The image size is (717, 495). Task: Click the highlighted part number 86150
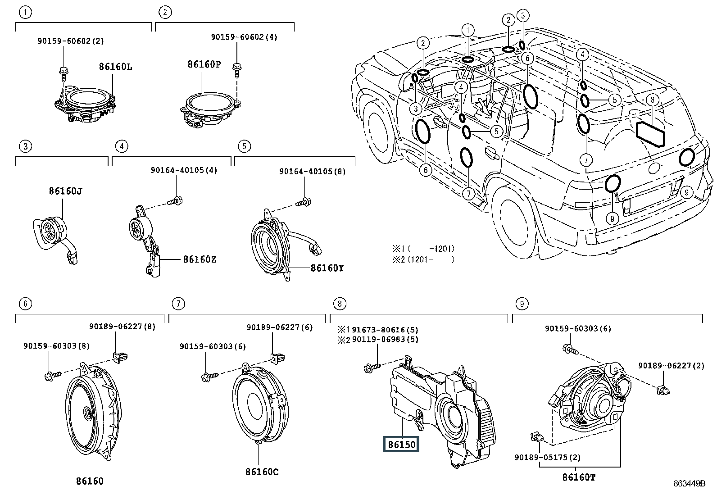[x=401, y=445]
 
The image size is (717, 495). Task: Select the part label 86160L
[x=116, y=67]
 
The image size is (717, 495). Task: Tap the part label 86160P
[x=204, y=64]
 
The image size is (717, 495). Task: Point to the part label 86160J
[x=66, y=191]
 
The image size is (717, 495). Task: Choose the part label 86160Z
[x=200, y=259]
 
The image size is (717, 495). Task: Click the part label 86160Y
[x=327, y=268]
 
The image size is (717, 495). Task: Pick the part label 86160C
[x=262, y=472]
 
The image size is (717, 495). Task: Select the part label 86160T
[x=579, y=477]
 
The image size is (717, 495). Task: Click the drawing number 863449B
[x=690, y=483]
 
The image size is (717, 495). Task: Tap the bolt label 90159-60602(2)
[x=71, y=41]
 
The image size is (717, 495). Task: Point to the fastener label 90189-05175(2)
[x=548, y=457]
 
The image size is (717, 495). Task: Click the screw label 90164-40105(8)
[x=313, y=172]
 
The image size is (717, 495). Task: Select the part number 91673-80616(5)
[x=385, y=330]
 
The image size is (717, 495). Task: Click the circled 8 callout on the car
[x=653, y=100]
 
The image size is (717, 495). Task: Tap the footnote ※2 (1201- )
[x=423, y=259]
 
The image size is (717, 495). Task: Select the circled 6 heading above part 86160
[x=26, y=304]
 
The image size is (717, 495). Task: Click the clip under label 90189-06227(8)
[x=120, y=357]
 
